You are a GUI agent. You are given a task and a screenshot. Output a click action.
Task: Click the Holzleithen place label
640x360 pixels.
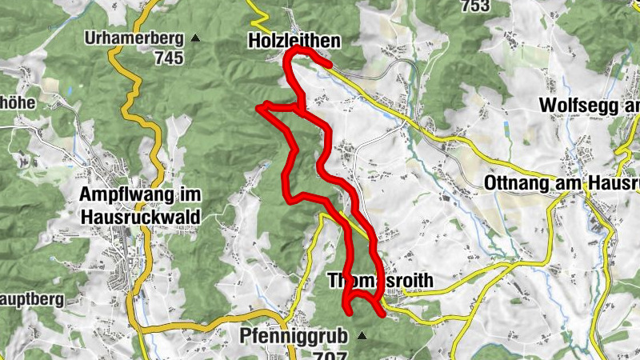[x=295, y=40]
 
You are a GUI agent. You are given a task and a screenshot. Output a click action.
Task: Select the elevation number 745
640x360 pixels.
[x=170, y=58]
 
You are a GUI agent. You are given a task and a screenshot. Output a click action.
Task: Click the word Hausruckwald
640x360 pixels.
[x=141, y=215]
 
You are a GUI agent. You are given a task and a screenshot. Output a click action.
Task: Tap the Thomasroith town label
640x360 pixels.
[x=381, y=281]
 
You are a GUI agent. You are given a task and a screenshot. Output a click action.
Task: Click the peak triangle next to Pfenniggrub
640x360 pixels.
[x=362, y=337]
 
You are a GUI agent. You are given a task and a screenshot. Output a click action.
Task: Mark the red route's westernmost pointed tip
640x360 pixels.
[x=257, y=107]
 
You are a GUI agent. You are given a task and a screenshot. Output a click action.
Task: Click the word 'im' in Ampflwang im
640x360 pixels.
[x=191, y=195]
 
